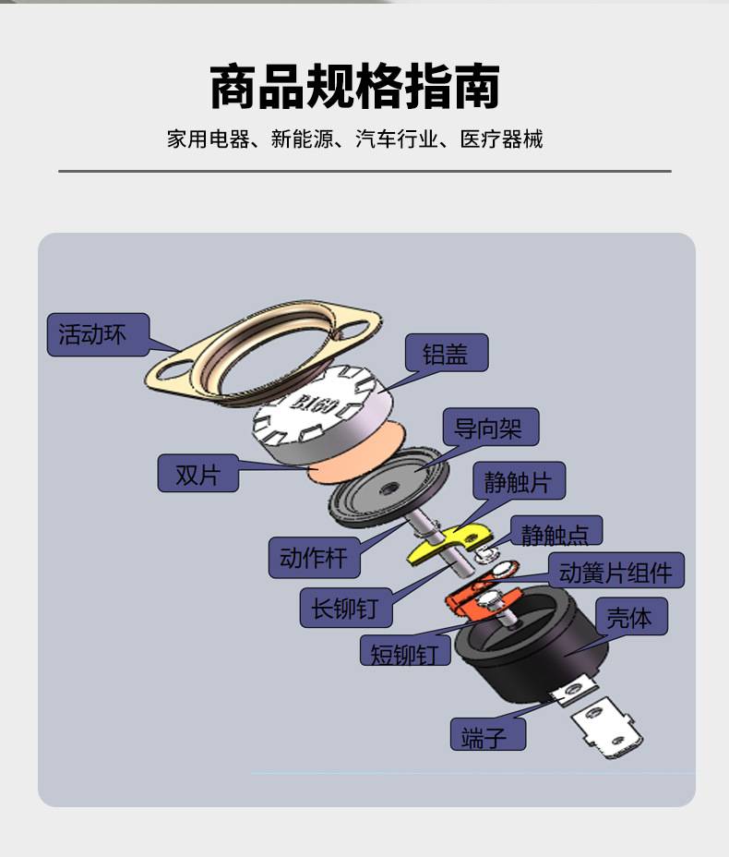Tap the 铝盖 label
pos(447,353)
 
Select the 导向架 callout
pos(490,427)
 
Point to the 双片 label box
pos(198,474)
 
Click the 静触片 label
pos(519,480)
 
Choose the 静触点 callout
pos(556,530)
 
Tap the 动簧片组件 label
pos(616,571)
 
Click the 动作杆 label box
pos(314,558)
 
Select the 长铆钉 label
pos(346,608)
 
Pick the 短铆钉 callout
pos(405,651)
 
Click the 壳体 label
pos(630,617)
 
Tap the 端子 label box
pos(488,734)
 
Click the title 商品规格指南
pos(355,87)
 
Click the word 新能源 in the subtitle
pos(302,139)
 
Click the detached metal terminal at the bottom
pos(606,727)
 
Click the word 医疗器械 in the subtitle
pos(501,139)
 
